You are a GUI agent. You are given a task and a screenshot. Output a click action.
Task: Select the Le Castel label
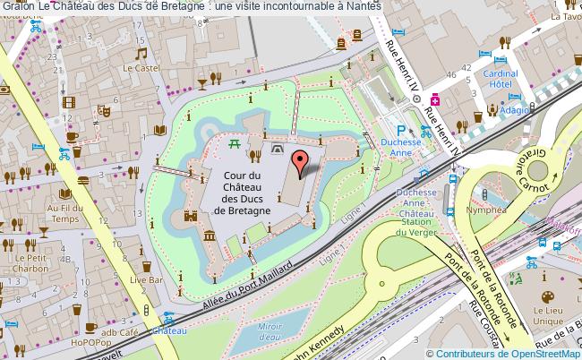pos(140,67)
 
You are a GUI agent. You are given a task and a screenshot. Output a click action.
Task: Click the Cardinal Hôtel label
pos(502,80)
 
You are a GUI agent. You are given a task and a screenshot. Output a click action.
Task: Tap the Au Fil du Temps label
pos(65,212)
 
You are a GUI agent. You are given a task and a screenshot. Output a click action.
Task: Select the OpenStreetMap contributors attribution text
pos(503,353)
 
